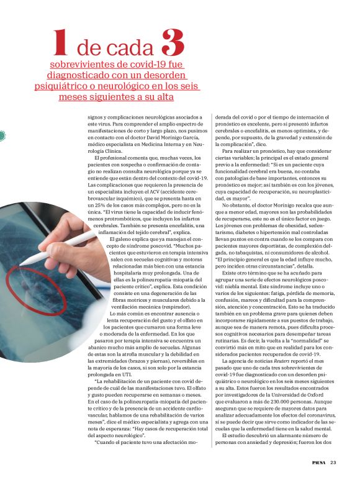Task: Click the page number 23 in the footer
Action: (x=333, y=461)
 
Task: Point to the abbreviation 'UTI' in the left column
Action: (x=126, y=376)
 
